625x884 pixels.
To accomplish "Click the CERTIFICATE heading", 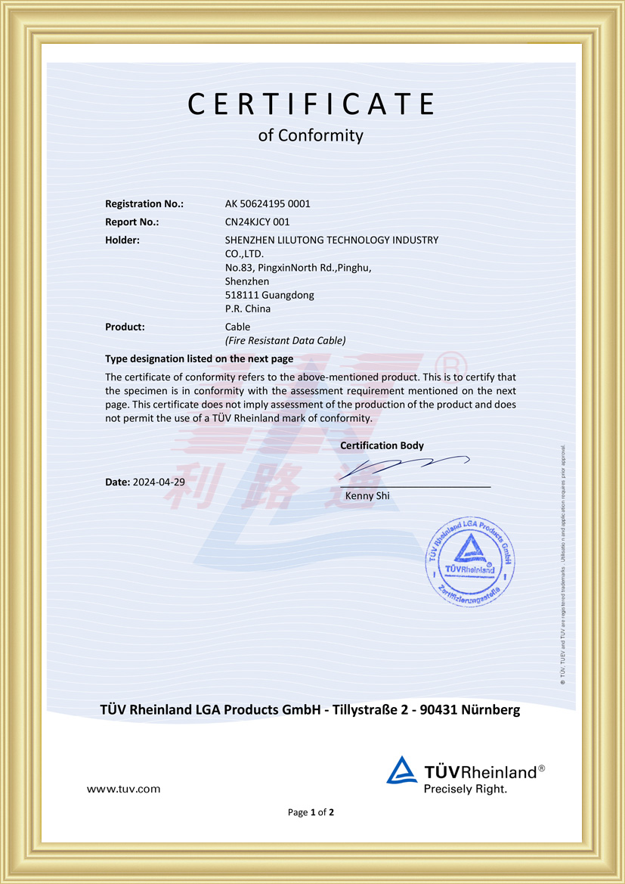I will point(311,104).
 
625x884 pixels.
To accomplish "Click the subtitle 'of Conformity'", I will point(311,136).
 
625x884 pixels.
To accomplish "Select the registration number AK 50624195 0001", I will point(268,203).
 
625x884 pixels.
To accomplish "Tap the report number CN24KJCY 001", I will point(257,222).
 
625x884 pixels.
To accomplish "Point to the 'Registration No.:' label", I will point(144,203).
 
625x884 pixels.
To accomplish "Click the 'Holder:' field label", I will point(122,240).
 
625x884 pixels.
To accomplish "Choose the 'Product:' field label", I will point(125,327).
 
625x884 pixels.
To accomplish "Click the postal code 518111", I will point(240,295).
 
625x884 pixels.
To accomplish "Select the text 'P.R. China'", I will point(248,309).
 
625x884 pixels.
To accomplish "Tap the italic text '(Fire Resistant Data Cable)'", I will point(285,340).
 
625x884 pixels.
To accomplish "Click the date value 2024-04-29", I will point(159,482).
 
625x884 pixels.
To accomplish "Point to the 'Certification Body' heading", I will point(382,445).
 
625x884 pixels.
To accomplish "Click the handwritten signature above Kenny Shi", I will point(408,465).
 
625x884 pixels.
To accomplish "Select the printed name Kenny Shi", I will point(367,495).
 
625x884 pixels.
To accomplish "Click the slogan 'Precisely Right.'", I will point(465,789).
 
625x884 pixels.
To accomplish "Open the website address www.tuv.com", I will point(124,789).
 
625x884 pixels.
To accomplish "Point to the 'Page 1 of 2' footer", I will point(311,812).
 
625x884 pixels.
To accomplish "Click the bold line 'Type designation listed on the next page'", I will point(200,358).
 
